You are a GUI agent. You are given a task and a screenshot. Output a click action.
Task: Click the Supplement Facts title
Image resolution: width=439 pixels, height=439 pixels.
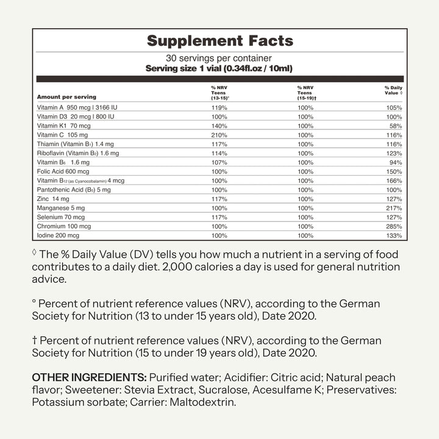pyautogui.click(x=220, y=41)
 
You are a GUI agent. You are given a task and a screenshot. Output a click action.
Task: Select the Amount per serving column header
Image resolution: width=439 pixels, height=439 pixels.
pyautogui.click(x=66, y=97)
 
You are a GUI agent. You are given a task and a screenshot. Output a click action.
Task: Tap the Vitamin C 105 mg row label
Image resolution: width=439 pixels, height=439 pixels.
pyautogui.click(x=62, y=134)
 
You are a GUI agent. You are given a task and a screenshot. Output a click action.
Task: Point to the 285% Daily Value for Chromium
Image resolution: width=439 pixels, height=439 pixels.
pyautogui.click(x=394, y=226)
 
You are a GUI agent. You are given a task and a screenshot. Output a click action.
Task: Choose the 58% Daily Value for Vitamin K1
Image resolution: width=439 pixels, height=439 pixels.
pyautogui.click(x=396, y=125)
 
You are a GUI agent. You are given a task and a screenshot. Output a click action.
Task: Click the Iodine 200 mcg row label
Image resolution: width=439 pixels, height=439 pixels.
pyautogui.click(x=59, y=235)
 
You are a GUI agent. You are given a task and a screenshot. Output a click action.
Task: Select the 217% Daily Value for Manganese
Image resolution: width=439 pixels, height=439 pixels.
pyautogui.click(x=394, y=208)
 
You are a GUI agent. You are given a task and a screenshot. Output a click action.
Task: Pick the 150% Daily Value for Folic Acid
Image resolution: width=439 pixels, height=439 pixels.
pyautogui.click(x=394, y=171)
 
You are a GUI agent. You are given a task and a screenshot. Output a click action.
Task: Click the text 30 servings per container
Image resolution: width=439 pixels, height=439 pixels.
pyautogui.click(x=220, y=59)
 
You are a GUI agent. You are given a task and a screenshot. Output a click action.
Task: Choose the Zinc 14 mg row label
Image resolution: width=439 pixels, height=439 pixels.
pyautogui.click(x=53, y=199)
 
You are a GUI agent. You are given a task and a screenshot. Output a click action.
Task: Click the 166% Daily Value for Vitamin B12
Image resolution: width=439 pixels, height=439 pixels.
pyautogui.click(x=394, y=180)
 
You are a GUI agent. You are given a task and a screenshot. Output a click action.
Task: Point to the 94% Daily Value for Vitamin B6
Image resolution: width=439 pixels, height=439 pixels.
pyautogui.click(x=396, y=162)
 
